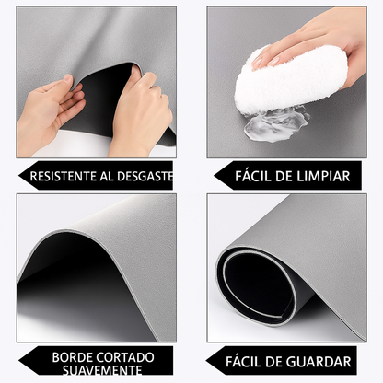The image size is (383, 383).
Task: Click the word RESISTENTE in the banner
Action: pos(62,175)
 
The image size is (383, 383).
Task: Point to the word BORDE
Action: pos(75,356)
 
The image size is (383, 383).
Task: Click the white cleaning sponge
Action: pos(290,80)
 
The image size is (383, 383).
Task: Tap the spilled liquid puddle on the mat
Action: pos(276,124)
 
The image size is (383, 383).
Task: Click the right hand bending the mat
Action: pos(140,115)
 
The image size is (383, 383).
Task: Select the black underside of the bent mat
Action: pos(106,92)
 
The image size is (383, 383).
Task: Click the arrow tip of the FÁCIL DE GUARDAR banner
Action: pos(209,362)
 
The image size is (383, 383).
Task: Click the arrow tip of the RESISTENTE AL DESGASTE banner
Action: pos(20,175)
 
